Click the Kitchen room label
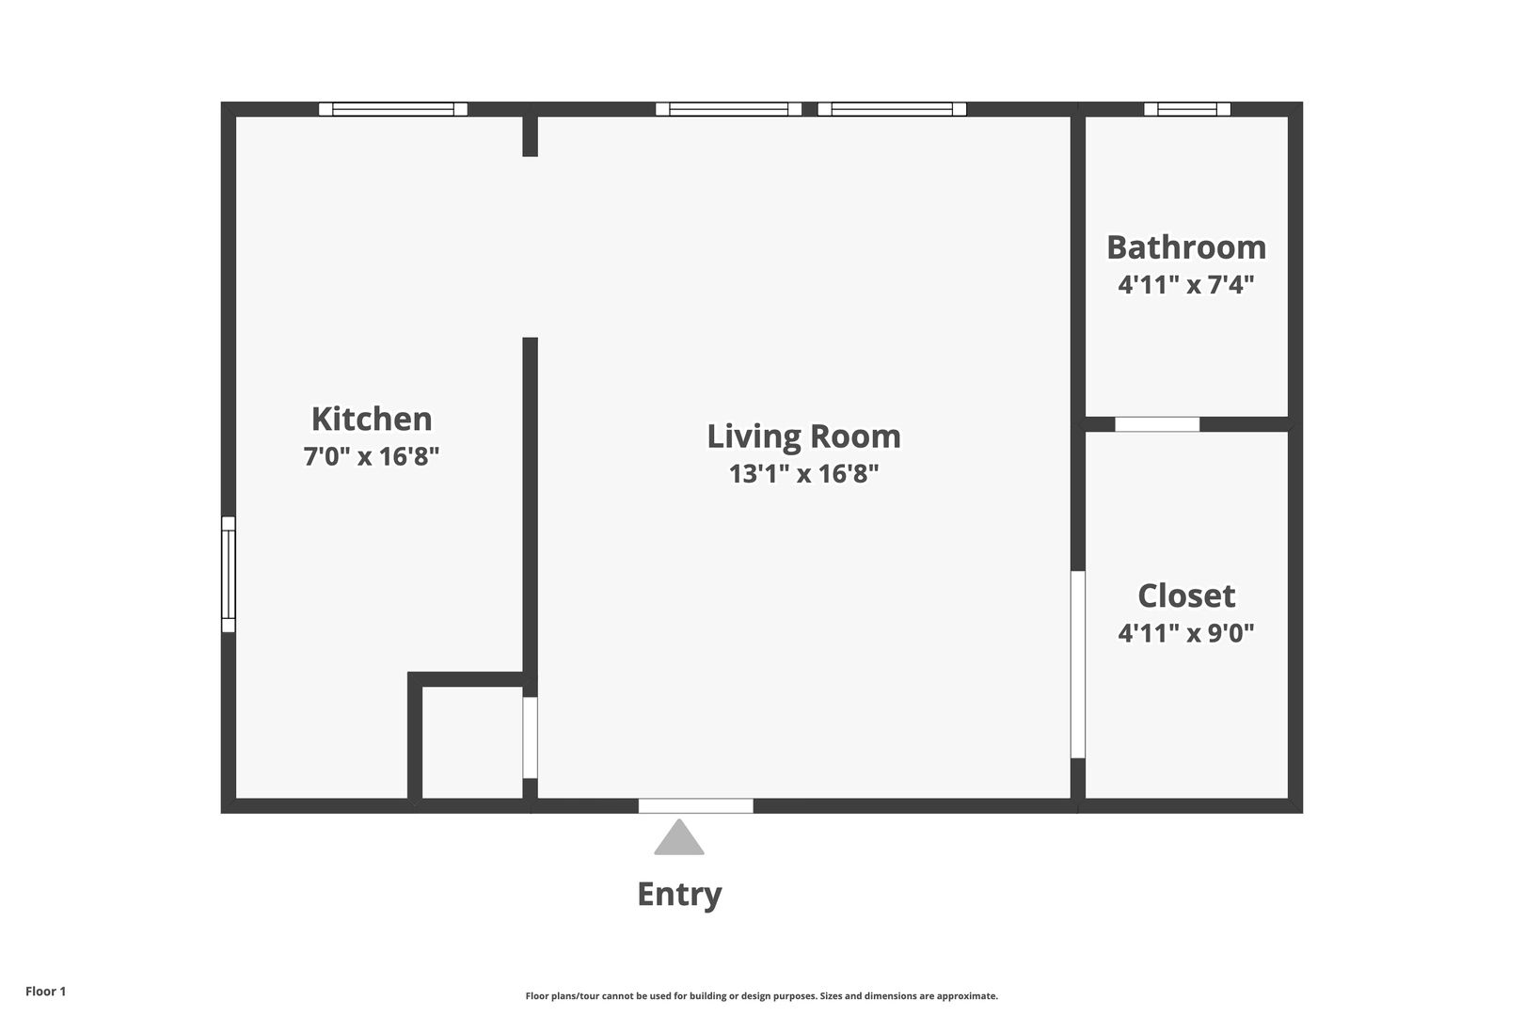(372, 420)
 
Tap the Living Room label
(803, 437)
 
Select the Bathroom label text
(1186, 247)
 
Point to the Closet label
(1186, 596)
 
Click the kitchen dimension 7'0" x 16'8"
(372, 456)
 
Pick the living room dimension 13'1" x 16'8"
(803, 473)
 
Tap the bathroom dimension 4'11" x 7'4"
(1186, 284)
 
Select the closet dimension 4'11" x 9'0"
(1186, 633)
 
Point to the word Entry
(679, 895)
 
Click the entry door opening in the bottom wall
(695, 805)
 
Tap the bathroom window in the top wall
(1187, 109)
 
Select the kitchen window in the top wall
(393, 109)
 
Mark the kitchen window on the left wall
(229, 575)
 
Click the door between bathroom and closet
(1156, 424)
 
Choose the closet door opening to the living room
(1078, 665)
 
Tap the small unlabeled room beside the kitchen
(472, 742)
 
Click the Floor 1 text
(45, 992)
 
